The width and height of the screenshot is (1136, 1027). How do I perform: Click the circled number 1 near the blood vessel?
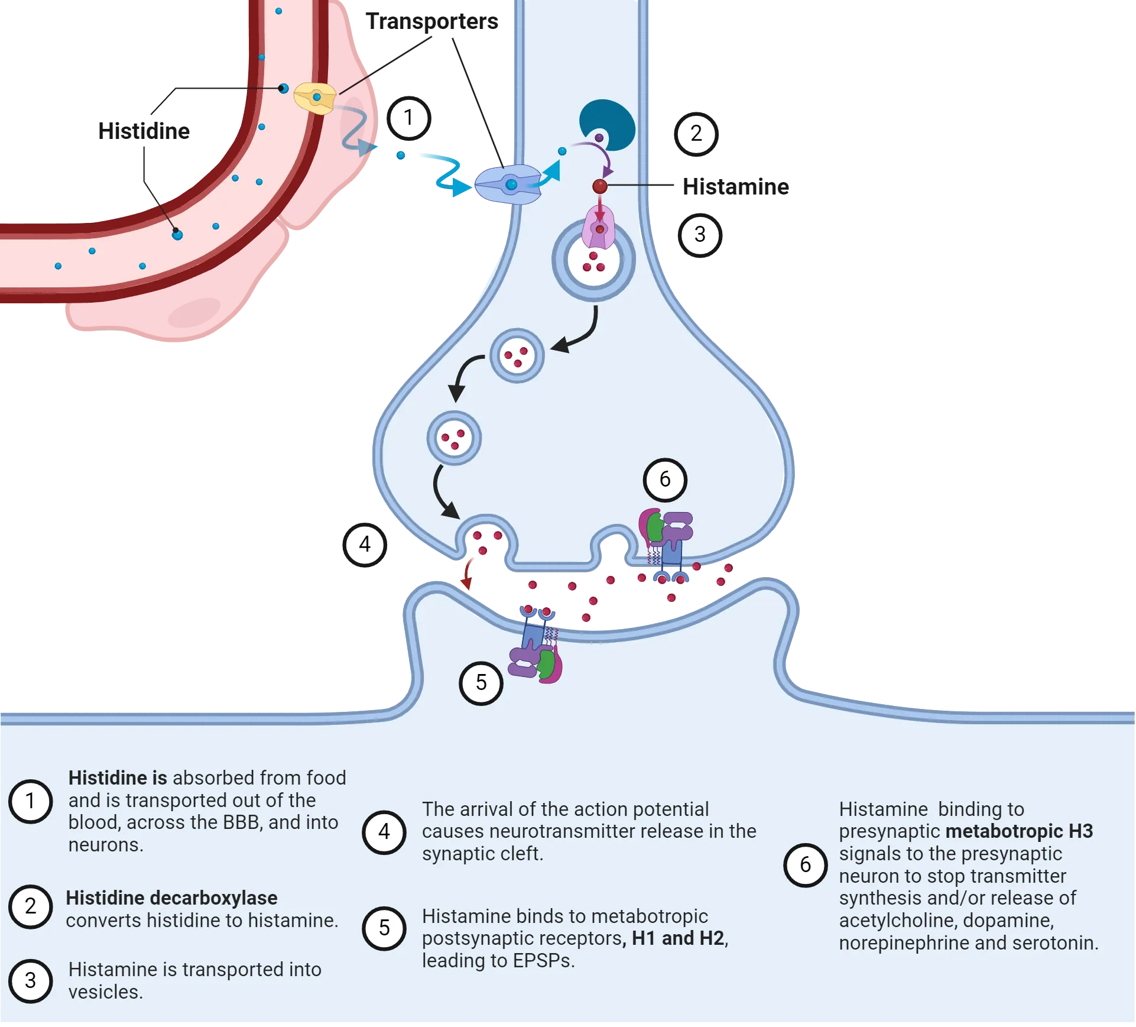point(408,118)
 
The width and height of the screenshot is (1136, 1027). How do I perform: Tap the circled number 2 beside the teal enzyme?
point(696,134)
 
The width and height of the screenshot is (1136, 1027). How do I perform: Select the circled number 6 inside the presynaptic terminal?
point(665,480)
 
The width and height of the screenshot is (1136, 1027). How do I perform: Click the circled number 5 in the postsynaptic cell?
point(481,683)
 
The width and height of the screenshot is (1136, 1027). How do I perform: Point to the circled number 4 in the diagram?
point(365,544)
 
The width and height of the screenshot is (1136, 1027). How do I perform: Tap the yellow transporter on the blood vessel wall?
point(315,98)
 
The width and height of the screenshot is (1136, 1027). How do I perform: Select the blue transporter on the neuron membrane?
point(508,184)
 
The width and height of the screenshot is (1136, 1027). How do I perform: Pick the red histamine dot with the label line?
point(600,187)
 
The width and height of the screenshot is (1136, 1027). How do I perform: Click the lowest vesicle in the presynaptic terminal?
point(454,438)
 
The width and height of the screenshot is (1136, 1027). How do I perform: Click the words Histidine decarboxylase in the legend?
point(171,898)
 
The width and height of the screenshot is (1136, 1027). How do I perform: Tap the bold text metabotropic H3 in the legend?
point(1019,831)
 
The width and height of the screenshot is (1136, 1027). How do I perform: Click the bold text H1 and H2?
point(678,938)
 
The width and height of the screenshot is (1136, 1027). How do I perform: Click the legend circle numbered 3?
point(31,981)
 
